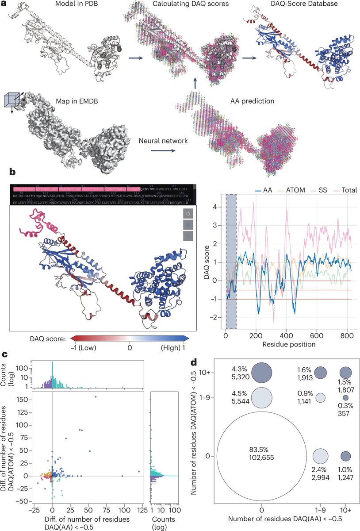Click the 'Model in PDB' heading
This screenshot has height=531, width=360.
(75, 4)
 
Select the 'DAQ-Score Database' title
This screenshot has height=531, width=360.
(299, 4)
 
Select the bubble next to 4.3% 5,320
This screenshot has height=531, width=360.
(263, 372)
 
